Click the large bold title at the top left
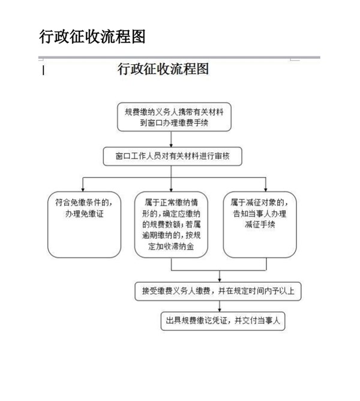tap(92, 36)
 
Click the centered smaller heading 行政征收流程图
tap(163, 69)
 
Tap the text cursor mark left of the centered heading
tap(43, 70)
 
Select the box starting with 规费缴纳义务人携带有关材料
tap(174, 117)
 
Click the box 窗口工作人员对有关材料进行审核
tap(173, 156)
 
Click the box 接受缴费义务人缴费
tap(218, 291)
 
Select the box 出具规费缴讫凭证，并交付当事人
tap(223, 321)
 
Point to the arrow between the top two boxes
tap(171, 139)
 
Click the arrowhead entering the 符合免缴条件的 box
tap(83, 190)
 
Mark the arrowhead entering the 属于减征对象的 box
tap(266, 190)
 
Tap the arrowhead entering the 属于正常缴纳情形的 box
tap(171, 190)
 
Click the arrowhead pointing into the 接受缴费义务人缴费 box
tap(220, 280)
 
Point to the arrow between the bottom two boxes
tap(220, 306)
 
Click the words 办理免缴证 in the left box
tap(85, 214)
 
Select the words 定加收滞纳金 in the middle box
tap(171, 247)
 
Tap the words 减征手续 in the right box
tap(260, 225)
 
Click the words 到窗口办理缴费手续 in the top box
tap(174, 122)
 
